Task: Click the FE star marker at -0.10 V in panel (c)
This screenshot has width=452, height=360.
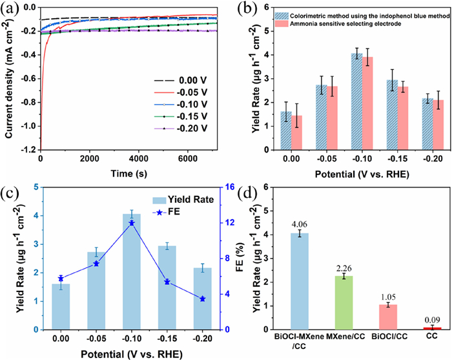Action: point(132,223)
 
